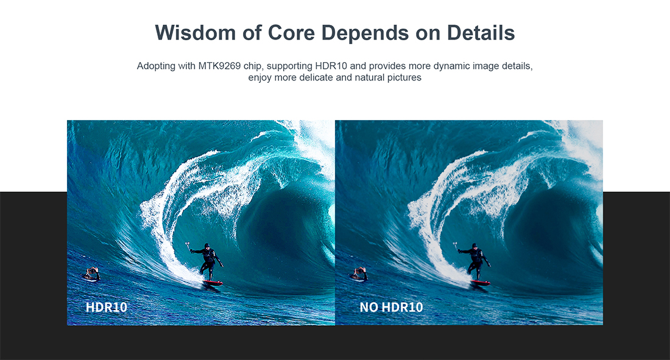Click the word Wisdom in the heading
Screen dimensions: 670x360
pyautogui.click(x=196, y=33)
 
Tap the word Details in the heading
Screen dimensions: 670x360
pyautogui.click(x=481, y=33)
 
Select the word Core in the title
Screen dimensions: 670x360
pyautogui.click(x=291, y=33)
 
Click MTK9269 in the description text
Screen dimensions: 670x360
pyautogui.click(x=219, y=66)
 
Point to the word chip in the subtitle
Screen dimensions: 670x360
pyautogui.click(x=252, y=66)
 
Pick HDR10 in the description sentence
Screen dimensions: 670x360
pyautogui.click(x=331, y=66)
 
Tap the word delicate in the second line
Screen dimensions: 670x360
pyautogui.click(x=316, y=77)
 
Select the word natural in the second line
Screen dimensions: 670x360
pyautogui.click(x=370, y=77)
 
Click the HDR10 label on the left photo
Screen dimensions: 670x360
pyautogui.click(x=107, y=307)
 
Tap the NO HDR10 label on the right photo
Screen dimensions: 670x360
pyautogui.click(x=391, y=307)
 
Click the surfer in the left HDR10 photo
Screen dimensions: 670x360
pyautogui.click(x=207, y=261)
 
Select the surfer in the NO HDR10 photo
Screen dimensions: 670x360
pyautogui.click(x=474, y=261)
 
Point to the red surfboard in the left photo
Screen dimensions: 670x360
pyautogui.click(x=213, y=283)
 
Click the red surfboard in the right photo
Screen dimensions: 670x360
pyautogui.click(x=480, y=283)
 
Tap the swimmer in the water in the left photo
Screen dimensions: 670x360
pyautogui.click(x=91, y=274)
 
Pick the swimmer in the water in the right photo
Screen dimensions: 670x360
pyautogui.click(x=359, y=274)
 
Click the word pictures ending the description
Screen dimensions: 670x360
pyautogui.click(x=404, y=78)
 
